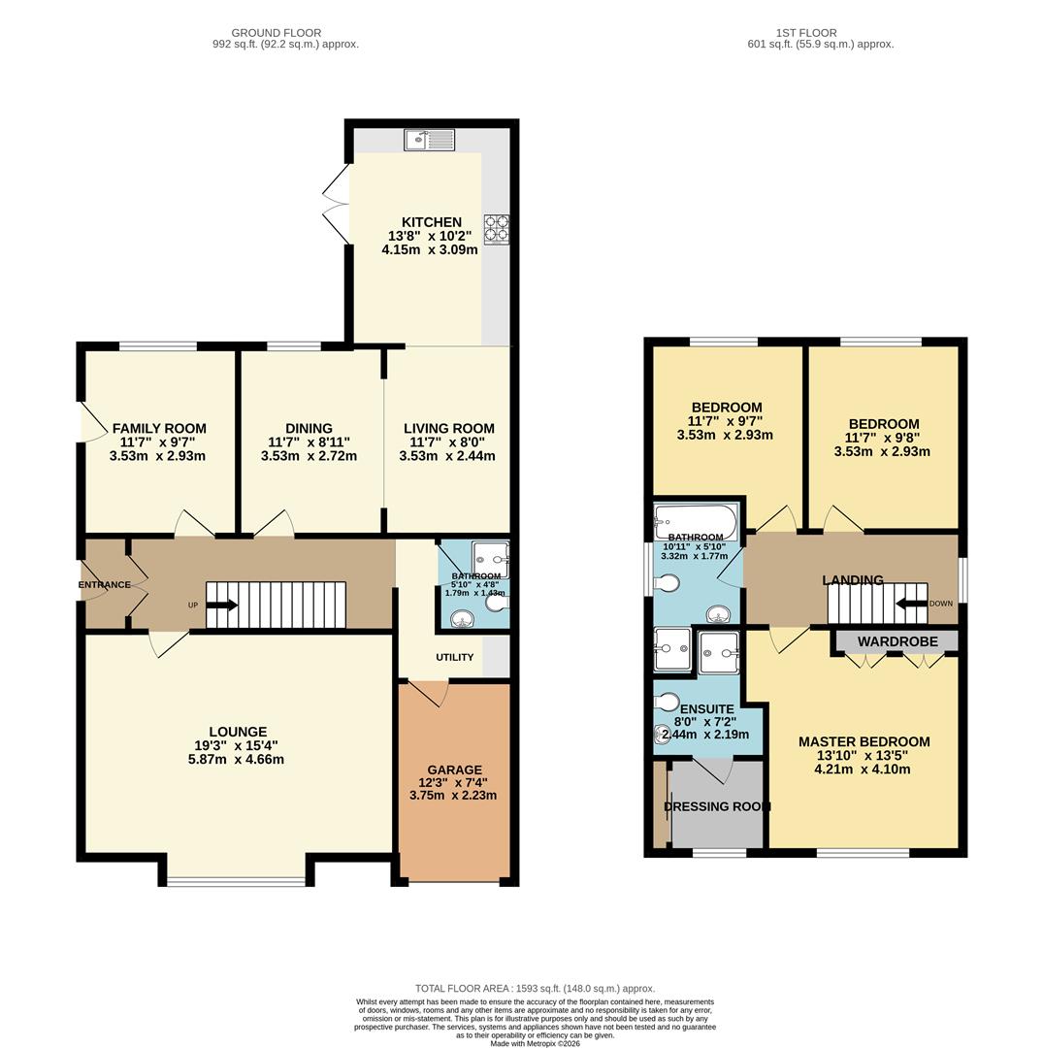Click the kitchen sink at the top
click(x=430, y=140)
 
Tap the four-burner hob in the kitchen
click(x=496, y=229)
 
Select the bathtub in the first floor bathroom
click(x=696, y=520)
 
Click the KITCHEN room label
click(x=432, y=222)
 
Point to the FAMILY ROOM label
click(x=159, y=428)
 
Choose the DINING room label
click(x=309, y=428)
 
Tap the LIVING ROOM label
click(x=449, y=428)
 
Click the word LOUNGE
click(x=238, y=732)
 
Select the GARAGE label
click(x=454, y=770)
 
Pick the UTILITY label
click(x=454, y=657)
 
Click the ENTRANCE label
click(x=105, y=585)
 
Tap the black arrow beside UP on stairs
click(x=222, y=606)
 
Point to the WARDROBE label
click(x=897, y=641)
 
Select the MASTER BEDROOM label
click(x=864, y=741)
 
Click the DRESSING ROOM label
click(x=717, y=806)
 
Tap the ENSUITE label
click(x=706, y=709)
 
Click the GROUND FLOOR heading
click(x=277, y=33)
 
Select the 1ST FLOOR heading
click(x=805, y=33)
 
